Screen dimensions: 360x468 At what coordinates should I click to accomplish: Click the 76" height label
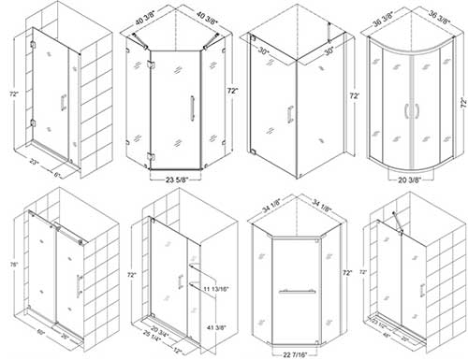click(x=10, y=263)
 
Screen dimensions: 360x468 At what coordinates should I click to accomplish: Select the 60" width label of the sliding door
click(x=41, y=330)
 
